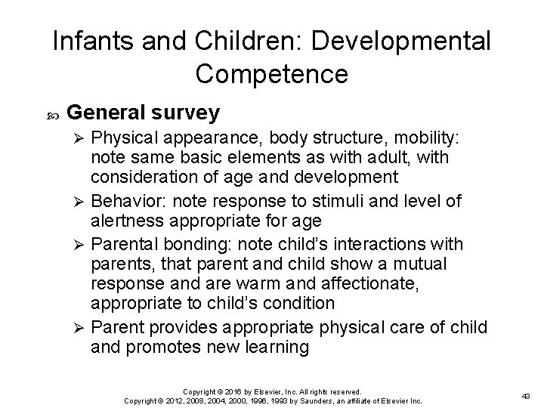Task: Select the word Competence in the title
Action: (x=271, y=73)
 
